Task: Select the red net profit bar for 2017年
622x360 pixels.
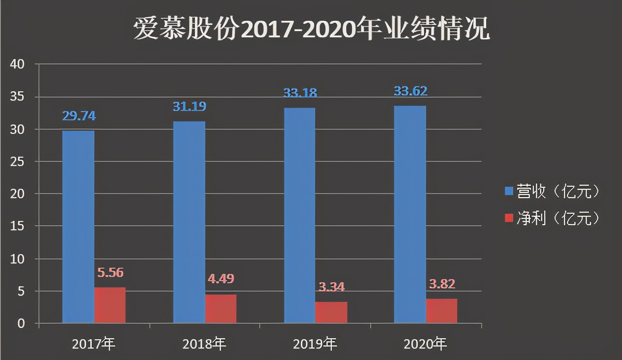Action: (x=110, y=306)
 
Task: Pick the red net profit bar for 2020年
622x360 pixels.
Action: (x=442, y=311)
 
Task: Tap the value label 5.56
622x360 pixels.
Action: (x=110, y=273)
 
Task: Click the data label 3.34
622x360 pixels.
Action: (x=331, y=286)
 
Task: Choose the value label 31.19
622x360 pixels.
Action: (x=189, y=107)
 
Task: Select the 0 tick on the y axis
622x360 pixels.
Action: (x=21, y=324)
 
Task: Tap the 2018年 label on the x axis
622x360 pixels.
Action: (x=205, y=343)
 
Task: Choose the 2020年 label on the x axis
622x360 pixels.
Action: (x=425, y=343)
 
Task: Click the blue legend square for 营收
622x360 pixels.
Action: (x=508, y=191)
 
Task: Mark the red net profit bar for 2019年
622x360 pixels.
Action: (x=331, y=312)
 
